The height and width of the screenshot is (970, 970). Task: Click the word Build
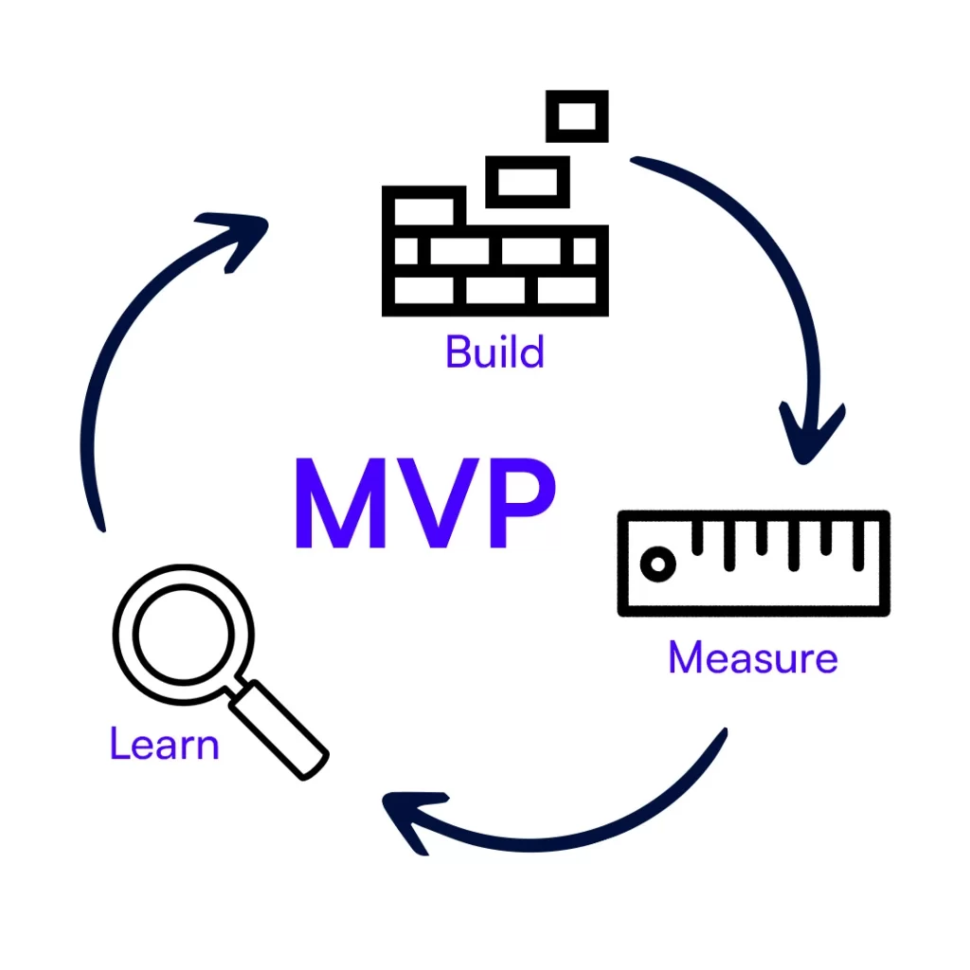coord(494,352)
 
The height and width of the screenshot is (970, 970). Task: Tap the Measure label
coord(753,657)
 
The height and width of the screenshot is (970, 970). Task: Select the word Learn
coord(164,744)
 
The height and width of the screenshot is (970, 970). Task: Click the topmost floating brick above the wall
coord(577,117)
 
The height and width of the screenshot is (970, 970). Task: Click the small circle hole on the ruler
coord(655,565)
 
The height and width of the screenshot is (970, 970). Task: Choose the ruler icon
coord(753,564)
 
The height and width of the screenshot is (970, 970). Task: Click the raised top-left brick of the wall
coord(423,207)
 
